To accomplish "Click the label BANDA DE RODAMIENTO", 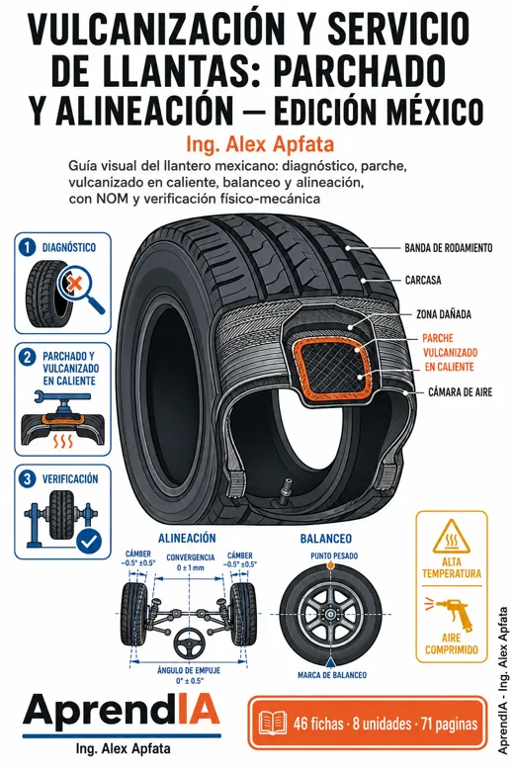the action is (448, 248).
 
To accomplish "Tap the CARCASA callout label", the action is (423, 281).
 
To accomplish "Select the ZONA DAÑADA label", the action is (444, 313).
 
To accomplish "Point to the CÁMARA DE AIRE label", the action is (460, 391).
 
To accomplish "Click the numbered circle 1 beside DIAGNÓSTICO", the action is (27, 247).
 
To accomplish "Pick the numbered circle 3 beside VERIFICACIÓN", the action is (27, 479).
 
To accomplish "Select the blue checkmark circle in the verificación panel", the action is (89, 542).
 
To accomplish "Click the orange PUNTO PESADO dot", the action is (331, 565).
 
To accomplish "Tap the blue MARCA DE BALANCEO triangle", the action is (332, 661).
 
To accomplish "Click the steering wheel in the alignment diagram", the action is (189, 644).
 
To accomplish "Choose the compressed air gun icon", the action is (451, 613).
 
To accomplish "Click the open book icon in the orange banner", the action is (273, 724).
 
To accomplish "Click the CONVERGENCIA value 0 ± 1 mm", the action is (191, 568).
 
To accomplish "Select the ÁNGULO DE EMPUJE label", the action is (189, 671).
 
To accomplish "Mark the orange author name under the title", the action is (260, 144).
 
